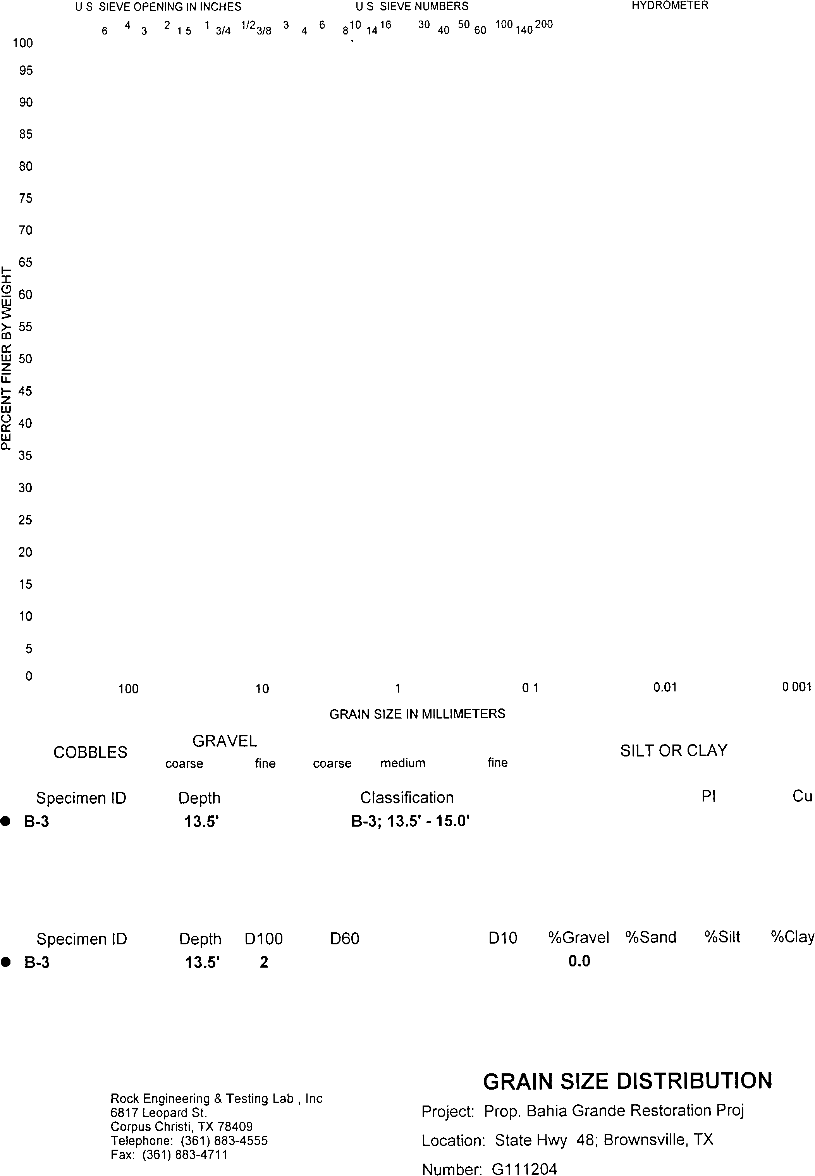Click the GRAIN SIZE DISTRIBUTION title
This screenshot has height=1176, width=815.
click(x=627, y=1081)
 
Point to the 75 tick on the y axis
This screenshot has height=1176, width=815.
click(x=26, y=198)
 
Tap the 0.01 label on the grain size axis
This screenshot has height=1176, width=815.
click(x=665, y=687)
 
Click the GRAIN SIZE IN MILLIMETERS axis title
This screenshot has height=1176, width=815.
click(x=417, y=714)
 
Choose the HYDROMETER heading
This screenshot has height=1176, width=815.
click(x=669, y=6)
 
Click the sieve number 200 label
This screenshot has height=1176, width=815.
click(x=544, y=24)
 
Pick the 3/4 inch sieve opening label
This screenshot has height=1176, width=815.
click(x=223, y=31)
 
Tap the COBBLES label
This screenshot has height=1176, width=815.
click(x=90, y=752)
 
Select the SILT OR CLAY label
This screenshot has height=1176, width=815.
click(x=674, y=751)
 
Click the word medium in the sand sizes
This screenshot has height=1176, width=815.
click(x=402, y=763)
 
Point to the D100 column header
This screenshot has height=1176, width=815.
click(x=263, y=939)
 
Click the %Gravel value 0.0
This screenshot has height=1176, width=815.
click(x=579, y=961)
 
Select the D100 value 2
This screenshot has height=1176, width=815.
click(x=263, y=962)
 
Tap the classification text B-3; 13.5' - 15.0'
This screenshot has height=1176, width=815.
click(x=410, y=821)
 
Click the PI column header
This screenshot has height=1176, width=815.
click(x=708, y=796)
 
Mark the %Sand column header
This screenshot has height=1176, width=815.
click(x=651, y=937)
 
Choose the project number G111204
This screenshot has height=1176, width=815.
click(x=524, y=1169)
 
